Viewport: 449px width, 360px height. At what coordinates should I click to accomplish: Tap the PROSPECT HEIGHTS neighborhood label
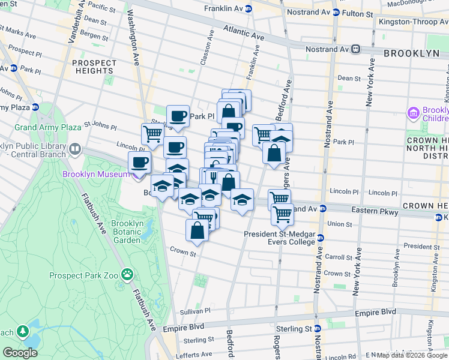tap(95, 67)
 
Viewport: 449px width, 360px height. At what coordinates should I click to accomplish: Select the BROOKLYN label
tap(412, 53)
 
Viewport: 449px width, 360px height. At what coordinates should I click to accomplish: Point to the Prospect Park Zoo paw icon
tap(127, 275)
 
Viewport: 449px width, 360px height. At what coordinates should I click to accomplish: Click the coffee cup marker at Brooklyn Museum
tap(139, 163)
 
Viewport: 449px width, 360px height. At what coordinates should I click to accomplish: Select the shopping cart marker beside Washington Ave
tap(153, 134)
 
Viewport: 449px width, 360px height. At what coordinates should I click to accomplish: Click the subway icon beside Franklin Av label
tap(249, 8)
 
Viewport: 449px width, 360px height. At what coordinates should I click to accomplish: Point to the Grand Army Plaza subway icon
tap(35, 107)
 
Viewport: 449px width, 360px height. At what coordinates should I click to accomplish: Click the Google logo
tap(19, 353)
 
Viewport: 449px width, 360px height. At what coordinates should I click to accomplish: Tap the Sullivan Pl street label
tap(196, 311)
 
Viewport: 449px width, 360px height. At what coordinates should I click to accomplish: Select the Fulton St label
tap(358, 12)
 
